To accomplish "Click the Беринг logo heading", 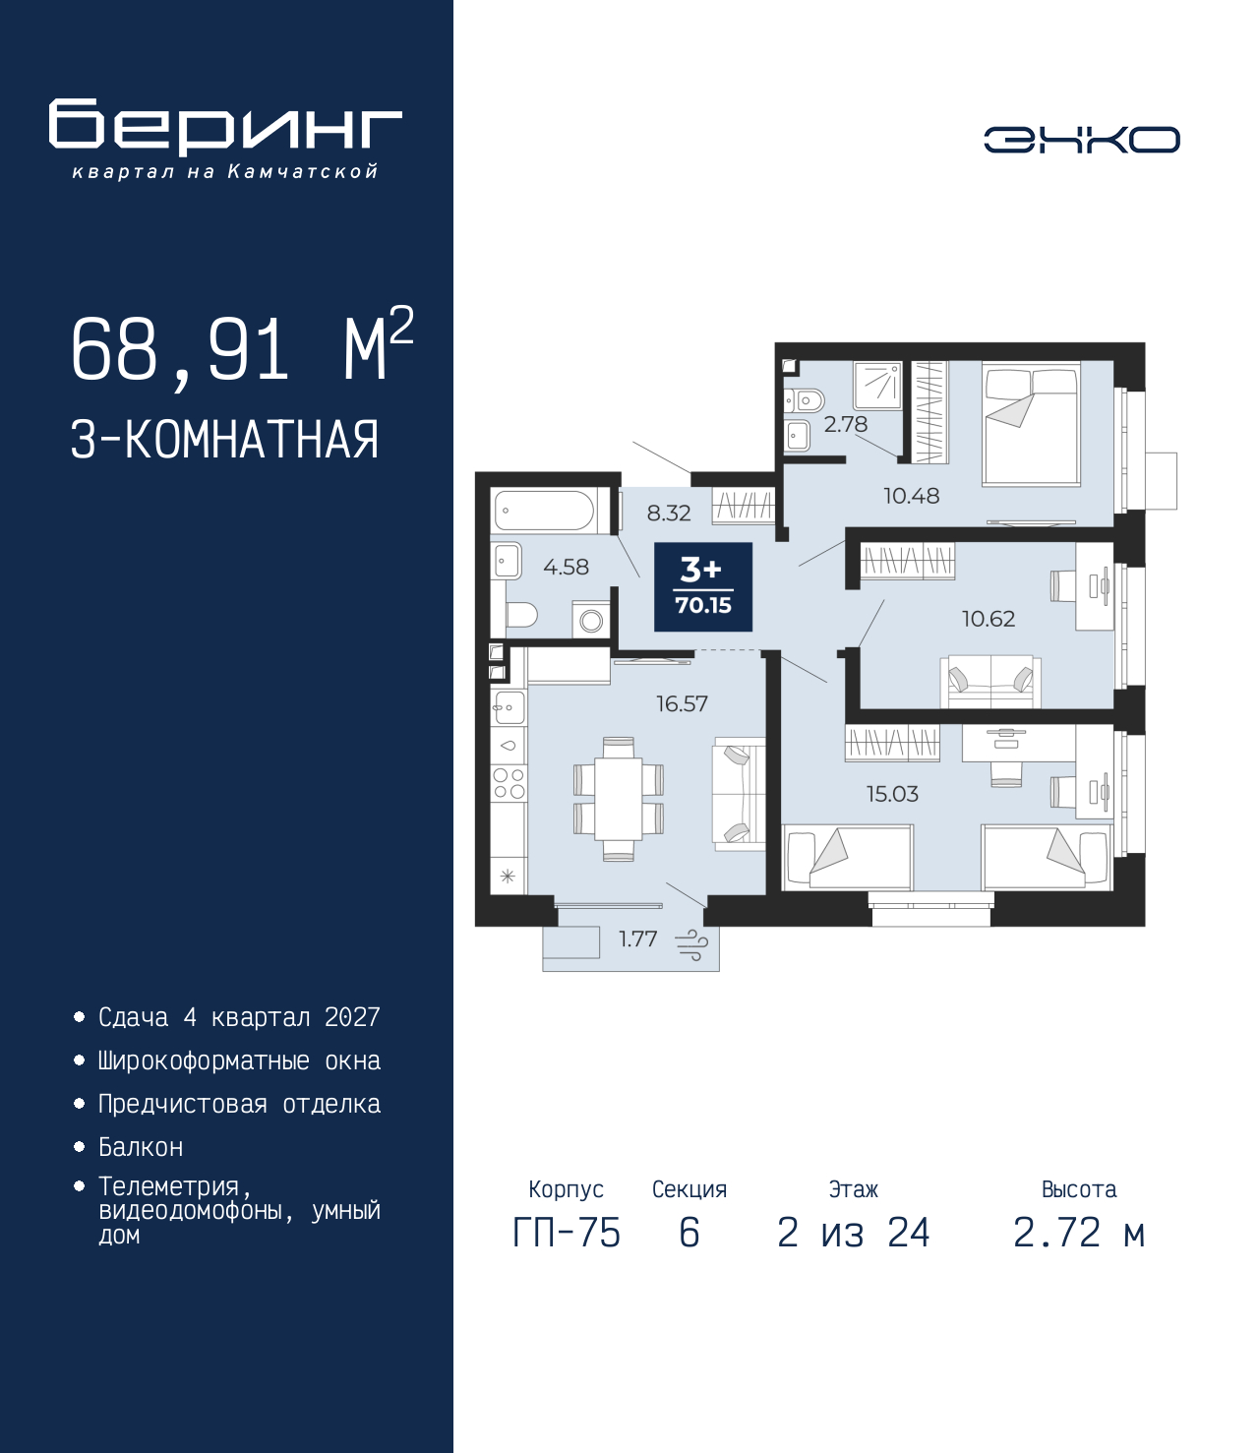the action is tap(225, 127).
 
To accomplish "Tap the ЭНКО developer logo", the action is tap(1081, 139).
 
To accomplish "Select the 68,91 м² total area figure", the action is tap(242, 349).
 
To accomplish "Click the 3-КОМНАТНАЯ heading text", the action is tap(225, 440).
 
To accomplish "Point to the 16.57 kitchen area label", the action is tap(682, 703).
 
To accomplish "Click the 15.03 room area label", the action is tap(892, 794).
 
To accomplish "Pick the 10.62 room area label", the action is tap(989, 619).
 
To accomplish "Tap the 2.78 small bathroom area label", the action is tap(846, 424).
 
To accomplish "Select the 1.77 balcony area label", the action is tap(637, 938).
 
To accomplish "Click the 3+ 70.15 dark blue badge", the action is tap(703, 587).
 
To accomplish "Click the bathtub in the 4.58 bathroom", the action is tap(545, 511).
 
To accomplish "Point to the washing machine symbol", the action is tap(590, 620).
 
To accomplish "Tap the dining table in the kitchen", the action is tap(618, 799).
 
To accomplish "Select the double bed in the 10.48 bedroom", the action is tap(1031, 423).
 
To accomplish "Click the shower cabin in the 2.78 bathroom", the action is tap(877, 386).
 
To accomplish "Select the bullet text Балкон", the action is tap(141, 1148).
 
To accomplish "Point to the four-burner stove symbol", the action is tap(509, 783).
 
